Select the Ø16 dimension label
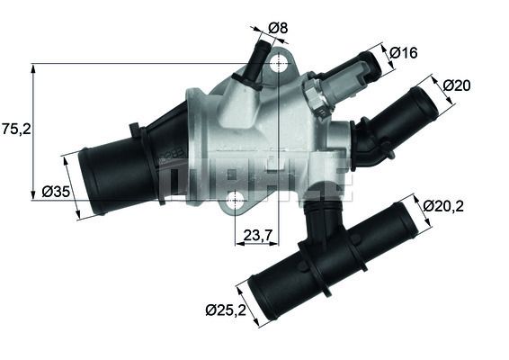pyautogui.click(x=403, y=53)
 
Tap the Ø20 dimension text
pyautogui.click(x=458, y=85)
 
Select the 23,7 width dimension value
pyautogui.click(x=258, y=237)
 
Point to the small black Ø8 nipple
pyautogui.click(x=255, y=62)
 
